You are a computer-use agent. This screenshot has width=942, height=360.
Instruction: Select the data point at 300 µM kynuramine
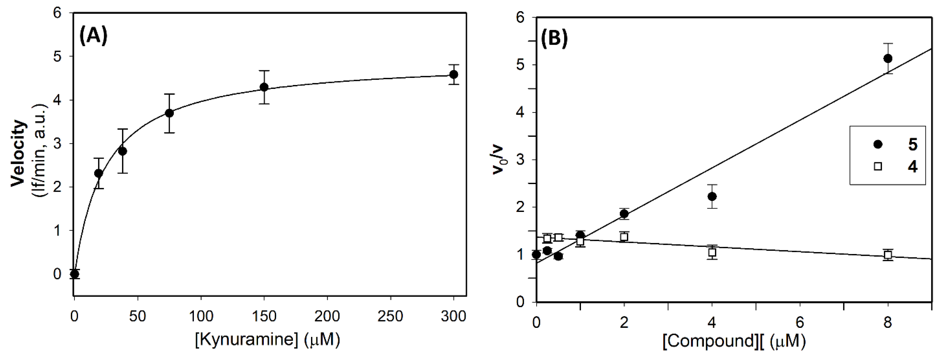tap(453, 75)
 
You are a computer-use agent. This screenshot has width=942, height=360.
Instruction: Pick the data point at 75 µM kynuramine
tap(169, 113)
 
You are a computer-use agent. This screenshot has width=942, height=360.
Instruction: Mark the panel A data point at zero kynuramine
tap(75, 274)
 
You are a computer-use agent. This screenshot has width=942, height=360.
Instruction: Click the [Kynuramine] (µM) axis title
tap(267, 340)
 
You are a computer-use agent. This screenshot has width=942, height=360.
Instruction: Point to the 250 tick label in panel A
tap(391, 316)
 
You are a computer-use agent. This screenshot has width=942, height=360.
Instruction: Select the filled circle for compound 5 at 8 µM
tap(887, 58)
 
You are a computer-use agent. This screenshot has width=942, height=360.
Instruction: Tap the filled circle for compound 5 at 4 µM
tap(712, 196)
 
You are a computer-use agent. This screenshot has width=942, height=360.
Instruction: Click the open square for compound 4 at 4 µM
tap(712, 253)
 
